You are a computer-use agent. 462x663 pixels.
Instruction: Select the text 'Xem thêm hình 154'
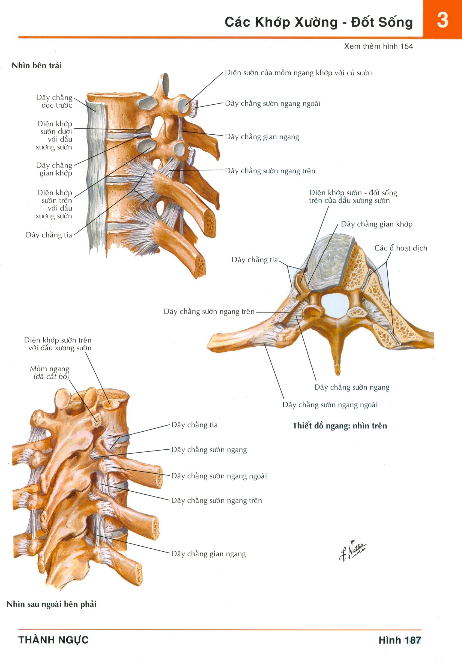[x=378, y=46]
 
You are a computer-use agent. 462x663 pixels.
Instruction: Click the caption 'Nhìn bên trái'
[x=37, y=66]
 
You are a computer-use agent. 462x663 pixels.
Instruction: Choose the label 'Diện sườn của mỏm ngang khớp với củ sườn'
[x=298, y=73]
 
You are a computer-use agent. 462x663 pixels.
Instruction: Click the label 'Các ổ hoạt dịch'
[x=401, y=248]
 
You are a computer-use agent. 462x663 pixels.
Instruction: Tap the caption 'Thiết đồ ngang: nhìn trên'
[x=340, y=426]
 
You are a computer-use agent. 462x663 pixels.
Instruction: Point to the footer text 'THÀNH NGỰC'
[x=53, y=640]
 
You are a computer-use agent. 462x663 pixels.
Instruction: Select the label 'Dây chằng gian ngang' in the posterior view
[x=208, y=554]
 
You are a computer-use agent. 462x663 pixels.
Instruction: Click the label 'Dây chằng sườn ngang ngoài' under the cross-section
[x=330, y=405]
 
